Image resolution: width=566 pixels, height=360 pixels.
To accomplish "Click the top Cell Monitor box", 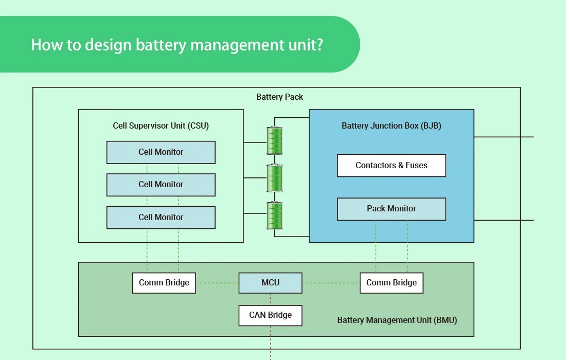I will [x=161, y=152].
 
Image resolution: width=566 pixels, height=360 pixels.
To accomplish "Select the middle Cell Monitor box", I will [x=161, y=185].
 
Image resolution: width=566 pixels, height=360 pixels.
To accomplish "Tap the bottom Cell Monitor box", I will [x=161, y=218].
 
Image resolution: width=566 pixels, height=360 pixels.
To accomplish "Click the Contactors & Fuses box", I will [x=391, y=166].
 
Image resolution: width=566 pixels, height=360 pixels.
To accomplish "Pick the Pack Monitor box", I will [x=391, y=209].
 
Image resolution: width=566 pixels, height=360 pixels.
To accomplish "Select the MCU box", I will [x=270, y=283].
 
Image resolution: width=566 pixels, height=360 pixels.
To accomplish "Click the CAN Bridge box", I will [x=270, y=315].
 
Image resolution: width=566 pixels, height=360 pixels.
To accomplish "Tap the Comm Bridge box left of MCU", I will [x=164, y=283].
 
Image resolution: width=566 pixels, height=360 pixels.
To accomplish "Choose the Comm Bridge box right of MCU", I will [x=391, y=283].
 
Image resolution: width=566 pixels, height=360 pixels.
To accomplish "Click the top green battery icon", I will [x=274, y=140].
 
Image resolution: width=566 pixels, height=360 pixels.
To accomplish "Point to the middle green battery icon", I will [x=274, y=178].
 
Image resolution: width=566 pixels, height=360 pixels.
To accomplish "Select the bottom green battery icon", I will [x=274, y=215].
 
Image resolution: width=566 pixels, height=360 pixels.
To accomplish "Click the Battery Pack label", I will [x=279, y=97].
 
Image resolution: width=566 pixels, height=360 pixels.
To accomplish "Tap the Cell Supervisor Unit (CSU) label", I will [x=161, y=126].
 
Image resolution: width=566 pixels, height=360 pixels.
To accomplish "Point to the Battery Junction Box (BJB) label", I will [x=391, y=126].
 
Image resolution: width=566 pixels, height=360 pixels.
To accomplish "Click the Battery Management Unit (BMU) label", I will [x=397, y=320].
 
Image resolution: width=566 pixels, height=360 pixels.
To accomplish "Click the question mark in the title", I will [x=319, y=45].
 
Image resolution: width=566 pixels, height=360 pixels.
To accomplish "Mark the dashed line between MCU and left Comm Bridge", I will [x=217, y=283].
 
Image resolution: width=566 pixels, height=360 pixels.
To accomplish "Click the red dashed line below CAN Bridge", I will [x=270, y=342].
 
